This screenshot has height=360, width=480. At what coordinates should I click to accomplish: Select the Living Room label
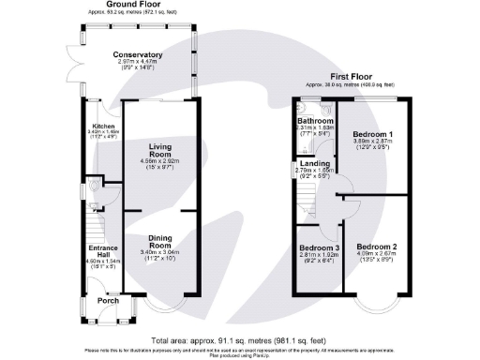tap(160, 151)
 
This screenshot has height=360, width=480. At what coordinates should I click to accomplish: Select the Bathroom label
tap(312, 121)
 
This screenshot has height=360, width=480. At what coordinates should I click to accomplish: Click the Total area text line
tap(240, 340)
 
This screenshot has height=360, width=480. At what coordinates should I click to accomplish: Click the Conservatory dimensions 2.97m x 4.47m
tap(133, 63)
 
